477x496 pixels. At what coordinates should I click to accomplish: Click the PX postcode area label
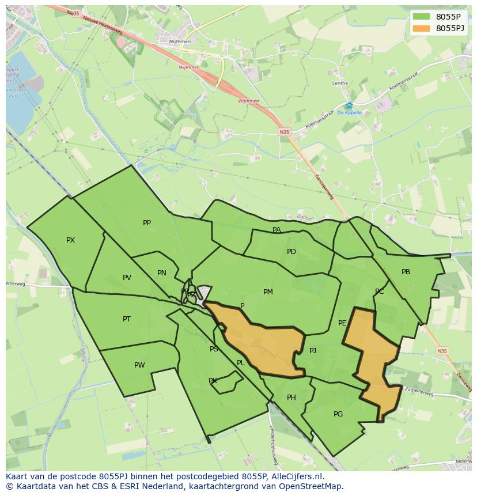70,240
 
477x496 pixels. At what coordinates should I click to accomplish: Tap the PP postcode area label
147,223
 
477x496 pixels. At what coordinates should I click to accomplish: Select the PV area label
127,278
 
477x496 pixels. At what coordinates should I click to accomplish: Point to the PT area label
127,319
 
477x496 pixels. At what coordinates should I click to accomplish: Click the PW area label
139,365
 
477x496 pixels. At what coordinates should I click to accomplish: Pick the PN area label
162,273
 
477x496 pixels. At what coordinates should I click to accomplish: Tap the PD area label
291,252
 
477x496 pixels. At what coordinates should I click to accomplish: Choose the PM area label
268,292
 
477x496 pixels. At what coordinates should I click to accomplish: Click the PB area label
406,272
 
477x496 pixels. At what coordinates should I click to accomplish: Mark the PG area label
338,414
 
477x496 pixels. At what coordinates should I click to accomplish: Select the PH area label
291,397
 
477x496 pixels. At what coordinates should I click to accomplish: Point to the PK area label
213,381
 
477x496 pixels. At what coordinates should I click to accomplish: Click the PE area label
342,323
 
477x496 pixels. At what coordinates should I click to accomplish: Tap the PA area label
277,230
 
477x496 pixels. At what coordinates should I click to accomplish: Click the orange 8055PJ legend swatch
421,28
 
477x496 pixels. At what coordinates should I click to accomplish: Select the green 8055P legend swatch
421,16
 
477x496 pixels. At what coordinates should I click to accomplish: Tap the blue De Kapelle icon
349,105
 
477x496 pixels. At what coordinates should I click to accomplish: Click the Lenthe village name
340,83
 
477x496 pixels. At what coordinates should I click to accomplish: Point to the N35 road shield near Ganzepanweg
285,132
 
